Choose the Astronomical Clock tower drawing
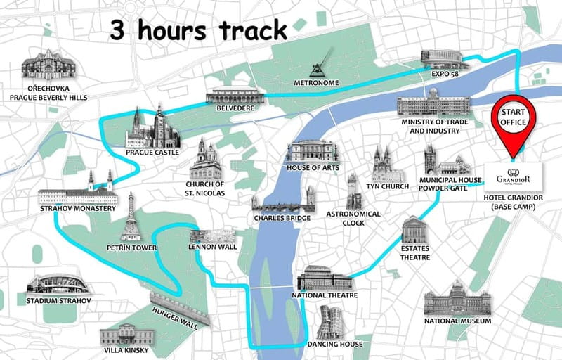point(354,191)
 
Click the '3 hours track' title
point(199,30)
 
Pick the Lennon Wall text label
point(212,247)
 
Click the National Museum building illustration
point(456,301)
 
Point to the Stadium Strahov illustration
point(58,283)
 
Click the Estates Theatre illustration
point(415,231)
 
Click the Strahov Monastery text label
point(77,209)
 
